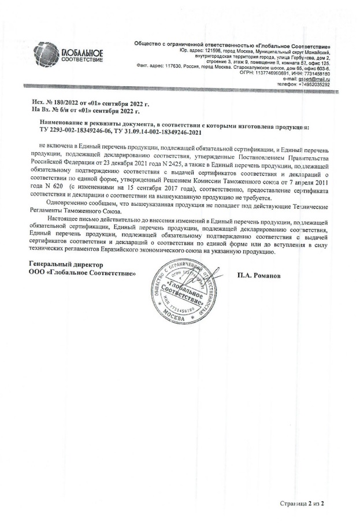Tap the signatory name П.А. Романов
click(258, 276)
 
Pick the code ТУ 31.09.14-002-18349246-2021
click(159, 132)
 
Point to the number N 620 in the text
click(55, 188)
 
